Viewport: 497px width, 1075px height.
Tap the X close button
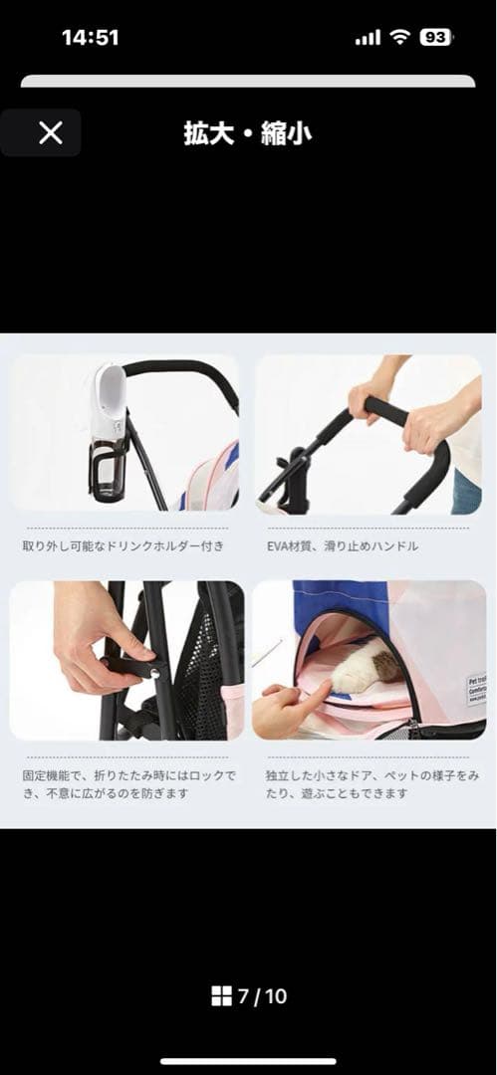50,132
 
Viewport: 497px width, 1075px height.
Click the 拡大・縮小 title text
247,133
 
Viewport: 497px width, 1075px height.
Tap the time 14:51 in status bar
90,38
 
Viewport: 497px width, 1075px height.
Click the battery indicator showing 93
435,38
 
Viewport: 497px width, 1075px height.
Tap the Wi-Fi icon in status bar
399,38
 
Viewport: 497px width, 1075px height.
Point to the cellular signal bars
368,38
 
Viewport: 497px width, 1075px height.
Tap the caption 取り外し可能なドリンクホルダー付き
124,546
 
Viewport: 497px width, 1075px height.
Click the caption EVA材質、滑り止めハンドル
342,546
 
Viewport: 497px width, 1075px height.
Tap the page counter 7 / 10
261,996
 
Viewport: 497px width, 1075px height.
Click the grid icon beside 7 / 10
221,996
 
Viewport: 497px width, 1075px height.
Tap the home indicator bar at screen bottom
248,1061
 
